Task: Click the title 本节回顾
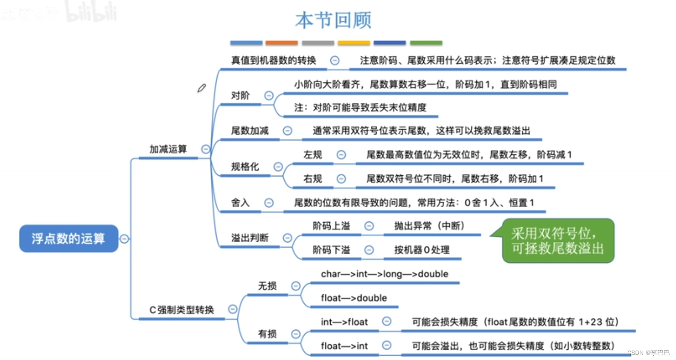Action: [x=333, y=20]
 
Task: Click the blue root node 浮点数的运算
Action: [x=68, y=238]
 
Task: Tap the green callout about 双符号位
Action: [x=558, y=241]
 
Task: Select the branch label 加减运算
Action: [x=168, y=149]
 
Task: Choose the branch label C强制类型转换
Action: [x=181, y=310]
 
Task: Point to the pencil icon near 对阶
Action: [x=201, y=88]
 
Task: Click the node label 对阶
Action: [x=240, y=96]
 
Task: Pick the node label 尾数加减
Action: [x=250, y=131]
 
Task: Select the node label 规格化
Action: [x=245, y=167]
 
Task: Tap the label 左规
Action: [x=312, y=155]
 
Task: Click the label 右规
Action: [x=312, y=179]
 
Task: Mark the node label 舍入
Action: [x=240, y=203]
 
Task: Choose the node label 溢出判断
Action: [x=250, y=238]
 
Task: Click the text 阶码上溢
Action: [x=331, y=226]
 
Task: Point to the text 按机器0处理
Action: [x=422, y=250]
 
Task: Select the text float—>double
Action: [x=354, y=298]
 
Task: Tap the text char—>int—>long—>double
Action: [x=385, y=274]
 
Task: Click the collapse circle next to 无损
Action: [x=296, y=286]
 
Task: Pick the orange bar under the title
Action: [x=282, y=43]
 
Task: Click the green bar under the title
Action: [x=426, y=43]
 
